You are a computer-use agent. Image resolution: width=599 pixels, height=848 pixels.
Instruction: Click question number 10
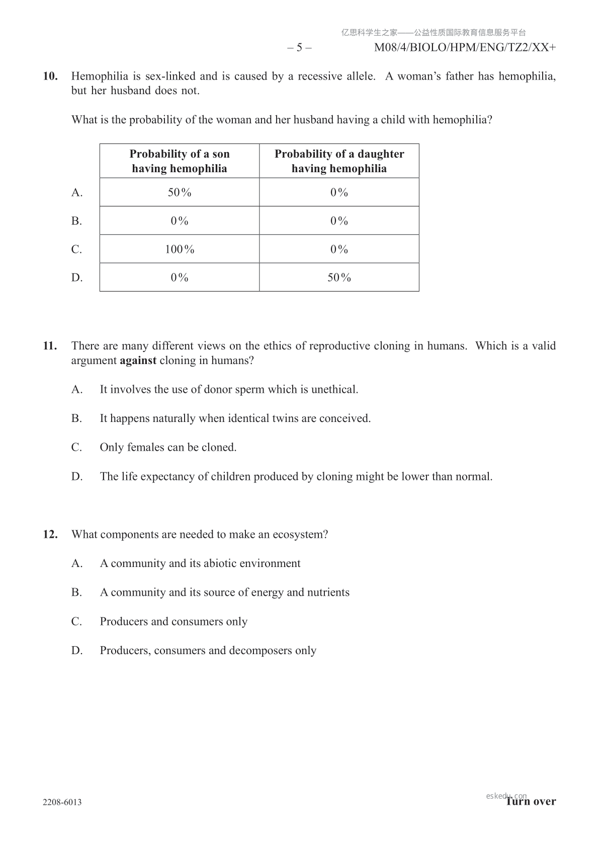pyautogui.click(x=50, y=77)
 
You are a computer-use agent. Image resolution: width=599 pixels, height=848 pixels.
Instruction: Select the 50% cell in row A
pyautogui.click(x=180, y=192)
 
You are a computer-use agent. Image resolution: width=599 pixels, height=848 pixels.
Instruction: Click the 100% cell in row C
pyautogui.click(x=180, y=249)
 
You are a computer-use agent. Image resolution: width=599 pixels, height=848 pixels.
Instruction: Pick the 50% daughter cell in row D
pyautogui.click(x=339, y=277)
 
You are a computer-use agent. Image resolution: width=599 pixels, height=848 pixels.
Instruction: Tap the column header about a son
pyautogui.click(x=180, y=161)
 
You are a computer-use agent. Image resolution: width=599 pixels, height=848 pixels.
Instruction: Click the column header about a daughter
pyautogui.click(x=339, y=161)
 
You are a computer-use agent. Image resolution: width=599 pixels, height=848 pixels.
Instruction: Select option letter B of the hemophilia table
pyautogui.click(x=76, y=221)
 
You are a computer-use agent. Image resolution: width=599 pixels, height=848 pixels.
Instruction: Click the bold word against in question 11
pyautogui.click(x=138, y=361)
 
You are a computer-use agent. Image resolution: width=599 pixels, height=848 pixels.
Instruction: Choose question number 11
pyautogui.click(x=50, y=346)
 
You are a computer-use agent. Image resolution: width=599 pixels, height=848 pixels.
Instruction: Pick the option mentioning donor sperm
pyautogui.click(x=229, y=390)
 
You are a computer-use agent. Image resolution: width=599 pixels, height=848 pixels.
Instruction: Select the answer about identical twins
pyautogui.click(x=235, y=418)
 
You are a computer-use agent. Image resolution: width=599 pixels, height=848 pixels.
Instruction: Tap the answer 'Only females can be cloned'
pyautogui.click(x=168, y=448)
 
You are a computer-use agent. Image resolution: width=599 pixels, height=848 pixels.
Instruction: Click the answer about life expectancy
pyautogui.click(x=296, y=477)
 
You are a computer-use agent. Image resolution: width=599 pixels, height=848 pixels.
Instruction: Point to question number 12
pyautogui.click(x=50, y=535)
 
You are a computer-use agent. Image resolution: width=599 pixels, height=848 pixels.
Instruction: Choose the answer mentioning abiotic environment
pyautogui.click(x=200, y=563)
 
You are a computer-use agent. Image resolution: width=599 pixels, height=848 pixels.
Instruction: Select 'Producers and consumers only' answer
pyautogui.click(x=174, y=622)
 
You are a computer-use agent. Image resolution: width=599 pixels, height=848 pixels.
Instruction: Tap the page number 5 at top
pyautogui.click(x=299, y=48)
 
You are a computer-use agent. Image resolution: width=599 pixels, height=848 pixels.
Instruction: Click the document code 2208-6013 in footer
pyautogui.click(x=62, y=802)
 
